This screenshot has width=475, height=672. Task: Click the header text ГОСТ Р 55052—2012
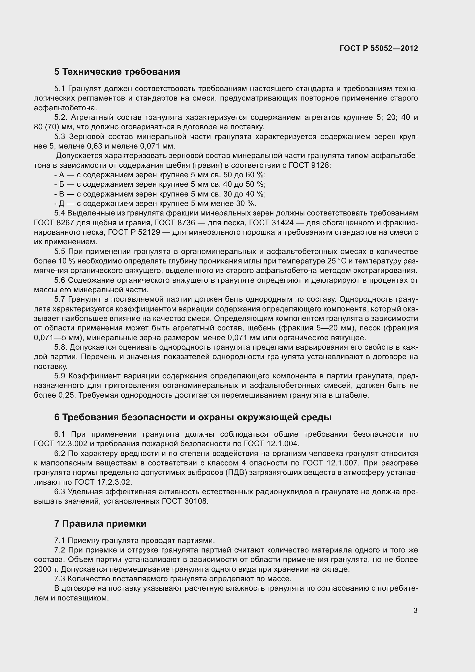(x=379, y=48)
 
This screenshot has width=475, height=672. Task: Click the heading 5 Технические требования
(x=117, y=72)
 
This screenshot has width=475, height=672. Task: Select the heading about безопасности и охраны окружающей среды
(x=193, y=417)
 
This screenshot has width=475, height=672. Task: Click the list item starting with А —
(x=160, y=175)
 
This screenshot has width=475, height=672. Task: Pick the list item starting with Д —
(x=155, y=203)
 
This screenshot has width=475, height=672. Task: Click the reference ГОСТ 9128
(x=309, y=165)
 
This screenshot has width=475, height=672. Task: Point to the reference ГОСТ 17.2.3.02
(x=103, y=482)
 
